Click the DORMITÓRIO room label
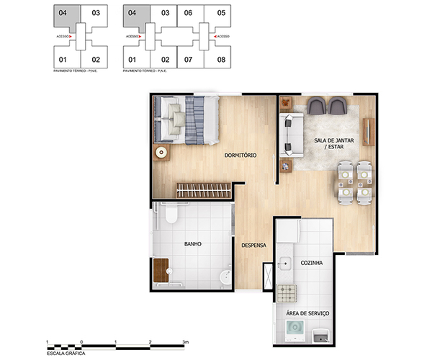tap(240, 156)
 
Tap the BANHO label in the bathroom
tap(192, 244)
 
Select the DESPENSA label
tap(253, 245)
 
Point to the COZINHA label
tap(311, 264)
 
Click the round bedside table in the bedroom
tap(161, 153)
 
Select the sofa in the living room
tap(289, 135)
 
